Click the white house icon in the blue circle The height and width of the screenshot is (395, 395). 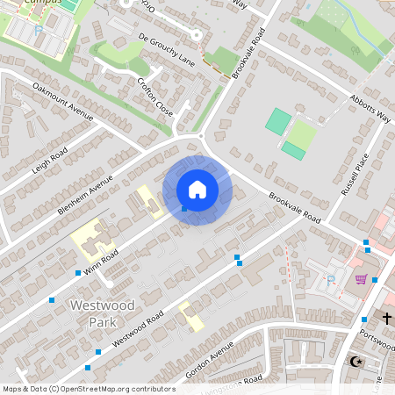point(197,190)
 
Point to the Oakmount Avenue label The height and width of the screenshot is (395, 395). point(62,100)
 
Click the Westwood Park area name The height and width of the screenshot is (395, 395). point(91,312)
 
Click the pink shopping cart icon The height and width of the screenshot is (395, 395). point(361,279)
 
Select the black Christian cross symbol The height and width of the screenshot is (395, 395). point(386,318)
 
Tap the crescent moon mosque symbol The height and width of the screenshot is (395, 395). point(355,361)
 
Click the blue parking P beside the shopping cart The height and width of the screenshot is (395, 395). point(331,282)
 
